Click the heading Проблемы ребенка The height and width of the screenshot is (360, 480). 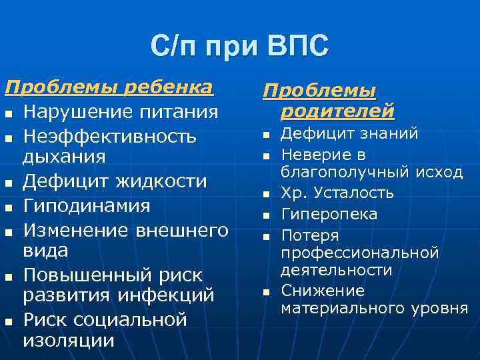coord(109,87)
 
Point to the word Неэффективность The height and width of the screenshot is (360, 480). coord(110,137)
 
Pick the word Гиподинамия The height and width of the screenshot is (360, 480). coord(87,205)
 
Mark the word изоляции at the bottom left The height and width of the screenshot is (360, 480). coord(69,341)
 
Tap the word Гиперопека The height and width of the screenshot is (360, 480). coord(329,215)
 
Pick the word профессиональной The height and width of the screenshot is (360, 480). coord(360,253)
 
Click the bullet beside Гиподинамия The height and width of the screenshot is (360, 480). coord(9,207)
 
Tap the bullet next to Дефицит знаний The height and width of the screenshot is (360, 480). coord(265,136)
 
